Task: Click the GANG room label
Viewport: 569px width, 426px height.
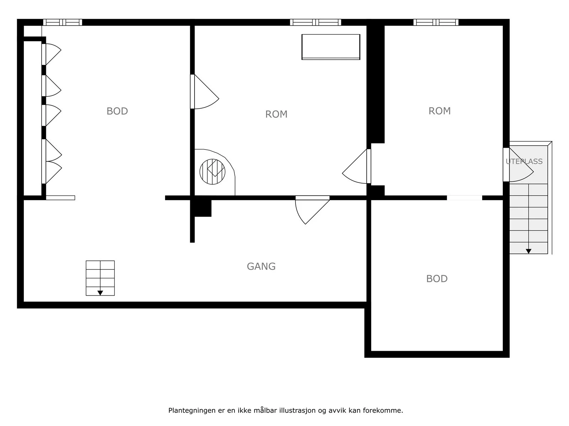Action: point(261,266)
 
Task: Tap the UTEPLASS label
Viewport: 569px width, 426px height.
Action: point(524,162)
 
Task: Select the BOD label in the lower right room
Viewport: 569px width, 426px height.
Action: point(437,279)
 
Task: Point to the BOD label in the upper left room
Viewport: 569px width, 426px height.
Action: point(117,111)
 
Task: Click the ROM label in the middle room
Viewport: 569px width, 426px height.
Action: point(276,114)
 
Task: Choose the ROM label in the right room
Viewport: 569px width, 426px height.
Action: point(440,111)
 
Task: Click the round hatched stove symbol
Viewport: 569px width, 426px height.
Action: point(212,172)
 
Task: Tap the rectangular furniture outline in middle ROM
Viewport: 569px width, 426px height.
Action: point(331,47)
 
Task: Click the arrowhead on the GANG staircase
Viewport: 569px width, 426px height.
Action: point(100,293)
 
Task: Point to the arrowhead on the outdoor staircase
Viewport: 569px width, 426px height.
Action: point(528,251)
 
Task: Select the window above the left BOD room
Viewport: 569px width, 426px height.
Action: point(63,22)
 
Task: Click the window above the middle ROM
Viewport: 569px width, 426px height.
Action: point(315,22)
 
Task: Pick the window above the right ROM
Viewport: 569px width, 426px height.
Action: point(436,22)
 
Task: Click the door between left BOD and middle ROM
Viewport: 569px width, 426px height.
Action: point(204,92)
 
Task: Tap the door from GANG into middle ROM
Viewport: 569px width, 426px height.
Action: point(312,210)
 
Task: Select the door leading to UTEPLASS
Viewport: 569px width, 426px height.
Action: point(518,164)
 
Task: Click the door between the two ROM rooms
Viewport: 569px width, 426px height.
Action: point(357,166)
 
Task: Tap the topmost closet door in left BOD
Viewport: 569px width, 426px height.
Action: point(51,54)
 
